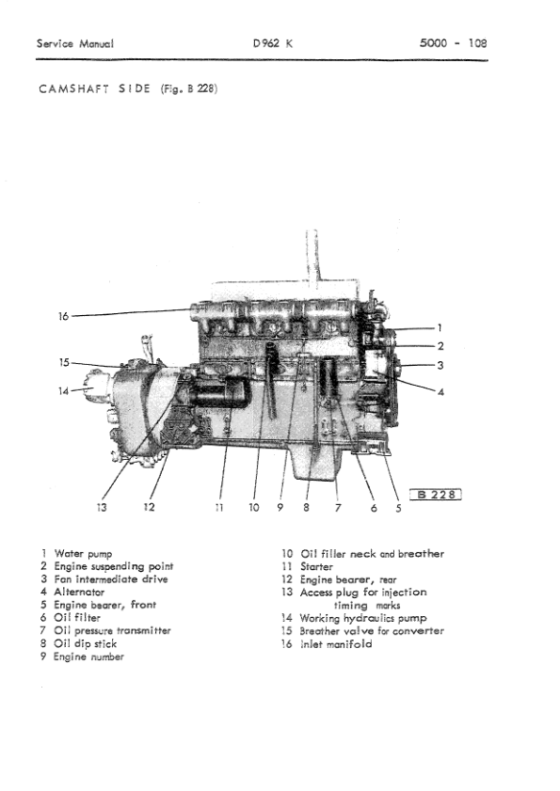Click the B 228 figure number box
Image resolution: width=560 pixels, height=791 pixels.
click(x=437, y=497)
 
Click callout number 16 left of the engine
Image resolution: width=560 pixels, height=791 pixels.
click(x=63, y=317)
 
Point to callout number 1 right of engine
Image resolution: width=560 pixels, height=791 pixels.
click(x=440, y=327)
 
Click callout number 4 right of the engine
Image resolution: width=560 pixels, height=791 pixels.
click(x=440, y=392)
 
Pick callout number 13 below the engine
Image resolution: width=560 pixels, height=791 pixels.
click(x=102, y=508)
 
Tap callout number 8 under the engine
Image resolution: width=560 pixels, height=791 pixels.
click(x=307, y=508)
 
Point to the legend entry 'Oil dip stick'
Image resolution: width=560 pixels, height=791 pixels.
click(x=86, y=644)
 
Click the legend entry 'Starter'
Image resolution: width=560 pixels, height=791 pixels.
click(x=316, y=567)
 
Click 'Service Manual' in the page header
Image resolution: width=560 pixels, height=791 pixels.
click(x=74, y=44)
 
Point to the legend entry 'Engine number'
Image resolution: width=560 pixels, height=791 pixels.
click(x=88, y=657)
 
